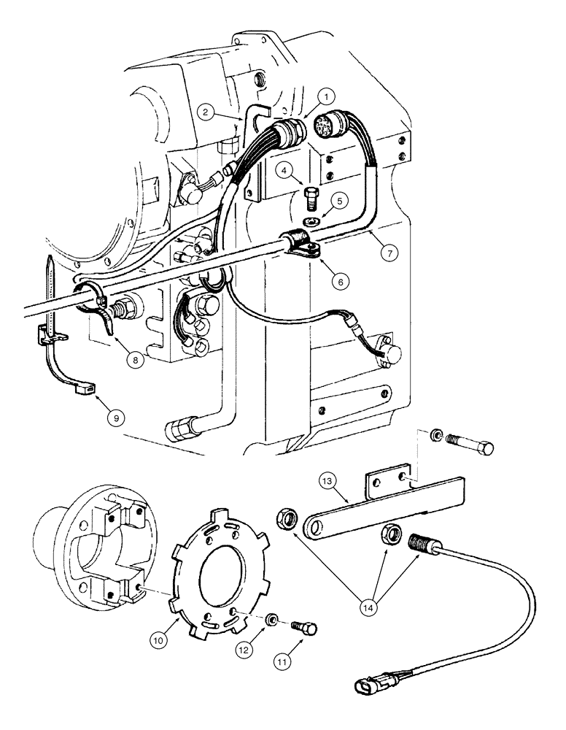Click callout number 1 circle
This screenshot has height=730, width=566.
327,95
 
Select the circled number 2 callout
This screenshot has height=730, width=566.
207,112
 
